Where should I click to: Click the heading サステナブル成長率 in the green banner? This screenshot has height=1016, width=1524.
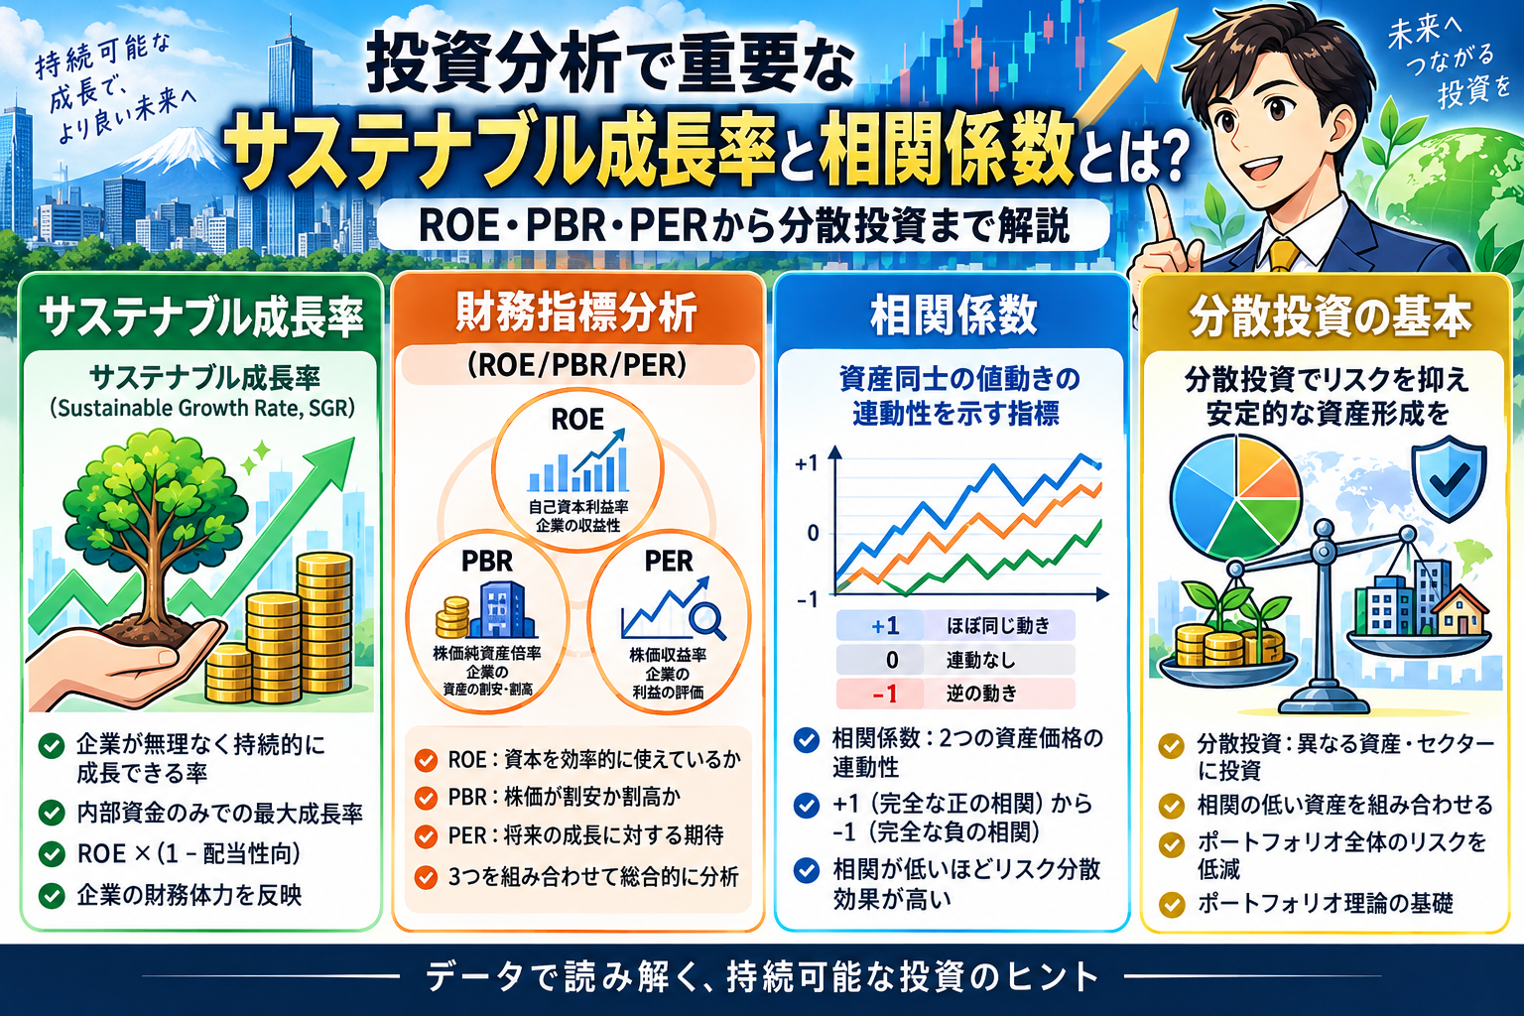[x=200, y=317]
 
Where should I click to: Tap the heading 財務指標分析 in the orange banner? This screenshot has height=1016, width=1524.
[x=576, y=313]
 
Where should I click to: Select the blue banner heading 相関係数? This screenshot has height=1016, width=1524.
[x=953, y=316]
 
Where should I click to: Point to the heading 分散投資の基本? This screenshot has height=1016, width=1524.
[x=1330, y=317]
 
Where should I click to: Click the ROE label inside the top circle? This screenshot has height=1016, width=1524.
[x=576, y=419]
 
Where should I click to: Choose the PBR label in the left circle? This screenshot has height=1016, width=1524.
[x=487, y=562]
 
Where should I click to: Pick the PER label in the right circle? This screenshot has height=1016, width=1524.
[x=668, y=562]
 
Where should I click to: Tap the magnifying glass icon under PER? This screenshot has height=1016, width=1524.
[x=707, y=621]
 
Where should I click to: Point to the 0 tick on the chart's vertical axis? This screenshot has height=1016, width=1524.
[x=813, y=534]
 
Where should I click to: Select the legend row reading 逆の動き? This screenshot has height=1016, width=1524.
[x=955, y=694]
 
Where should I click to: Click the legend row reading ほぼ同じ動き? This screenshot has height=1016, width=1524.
[x=955, y=625]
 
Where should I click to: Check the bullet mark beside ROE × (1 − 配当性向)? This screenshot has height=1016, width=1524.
[x=52, y=853]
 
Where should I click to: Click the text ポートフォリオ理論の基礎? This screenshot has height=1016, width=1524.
[x=1326, y=904]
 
